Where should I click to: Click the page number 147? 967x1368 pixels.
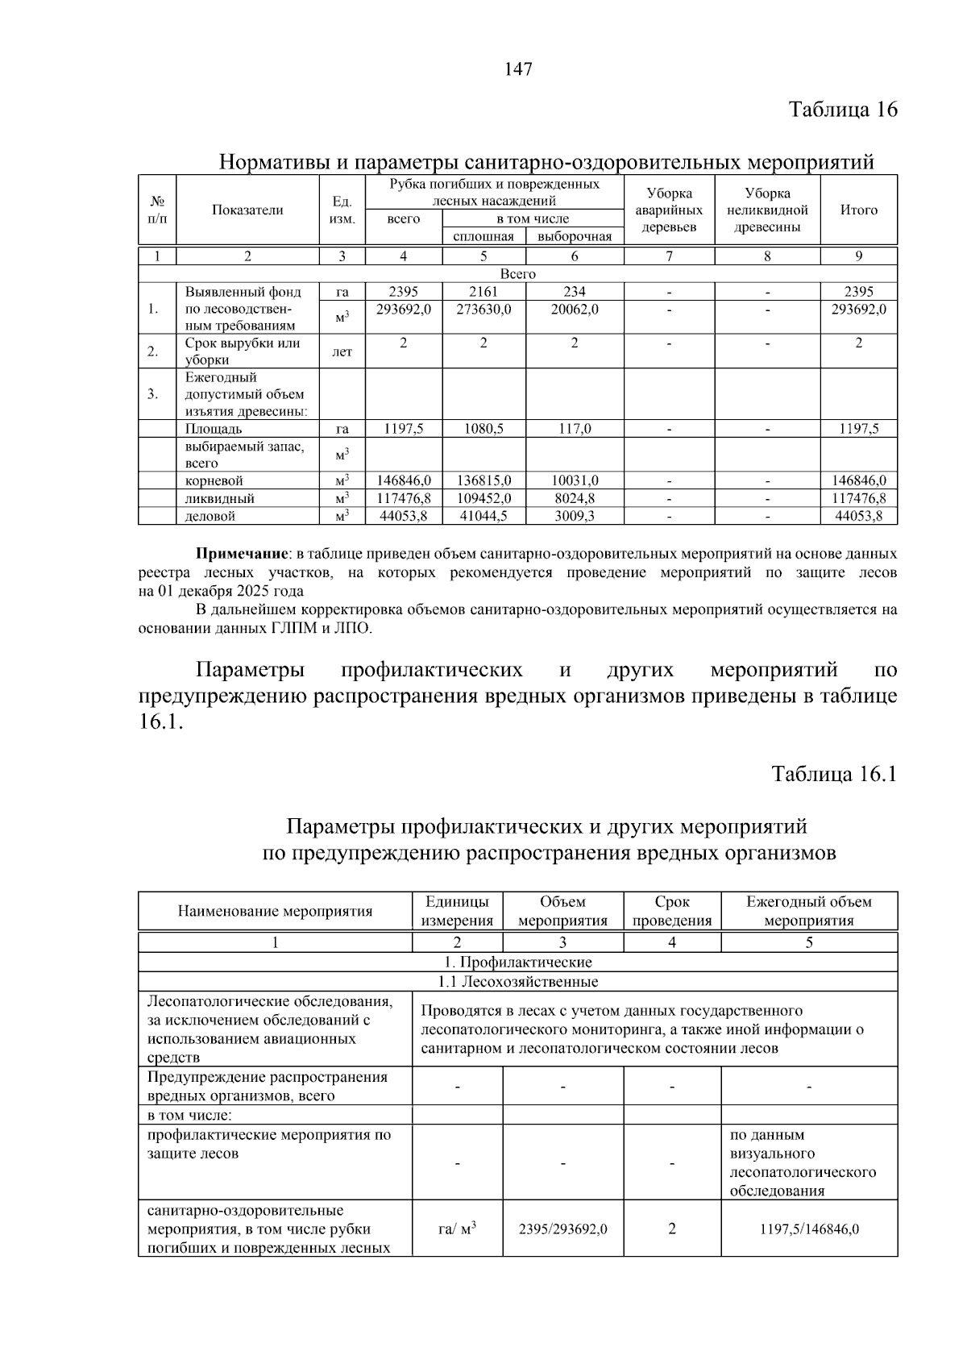518,69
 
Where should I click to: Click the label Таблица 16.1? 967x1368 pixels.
834,774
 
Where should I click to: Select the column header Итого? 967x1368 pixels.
858,210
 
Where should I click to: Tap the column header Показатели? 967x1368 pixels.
247,210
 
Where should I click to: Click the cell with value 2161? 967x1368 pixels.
483,292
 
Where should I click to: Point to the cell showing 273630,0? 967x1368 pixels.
483,309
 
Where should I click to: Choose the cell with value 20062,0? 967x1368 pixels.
575,309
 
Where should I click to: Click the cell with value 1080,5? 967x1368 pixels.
483,429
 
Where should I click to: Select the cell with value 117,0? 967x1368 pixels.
575,429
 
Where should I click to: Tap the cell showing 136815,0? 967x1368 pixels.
483,480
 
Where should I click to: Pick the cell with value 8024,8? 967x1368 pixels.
575,498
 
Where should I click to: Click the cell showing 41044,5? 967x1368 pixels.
483,516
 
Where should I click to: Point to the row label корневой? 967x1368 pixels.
214,480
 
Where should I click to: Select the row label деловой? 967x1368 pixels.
210,516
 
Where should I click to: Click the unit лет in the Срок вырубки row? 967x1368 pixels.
342,352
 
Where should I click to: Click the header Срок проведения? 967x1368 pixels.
672,911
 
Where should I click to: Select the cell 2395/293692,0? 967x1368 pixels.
562,1229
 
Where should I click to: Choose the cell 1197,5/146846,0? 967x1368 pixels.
809,1229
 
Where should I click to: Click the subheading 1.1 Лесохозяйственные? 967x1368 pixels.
517,982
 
